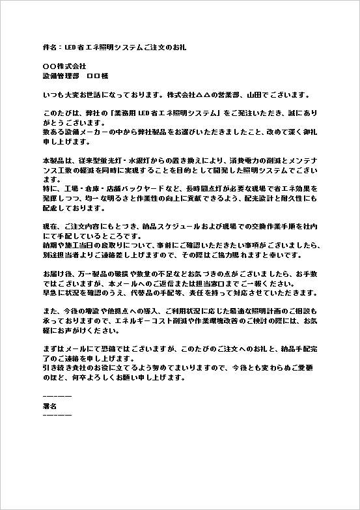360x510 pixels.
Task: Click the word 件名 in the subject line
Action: click(49, 48)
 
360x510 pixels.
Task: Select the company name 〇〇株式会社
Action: click(64, 66)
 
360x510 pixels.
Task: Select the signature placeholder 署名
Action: click(49, 405)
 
